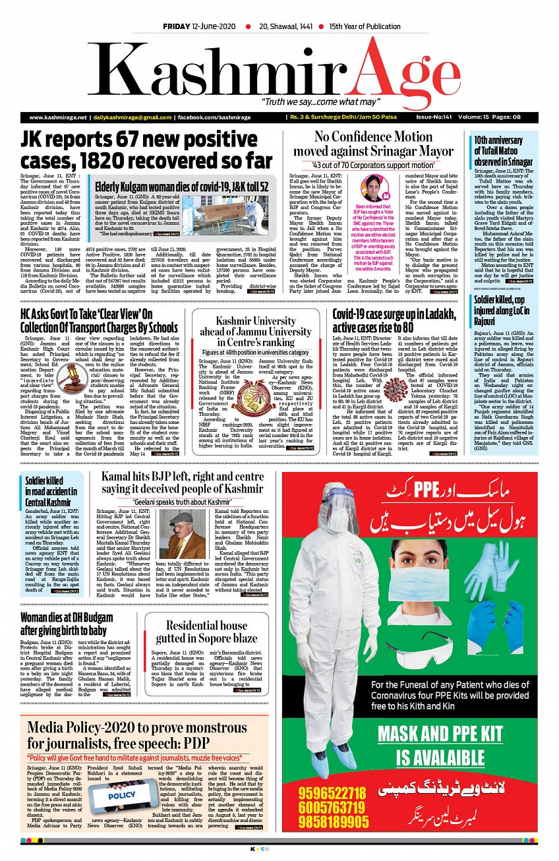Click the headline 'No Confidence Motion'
[373, 137]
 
